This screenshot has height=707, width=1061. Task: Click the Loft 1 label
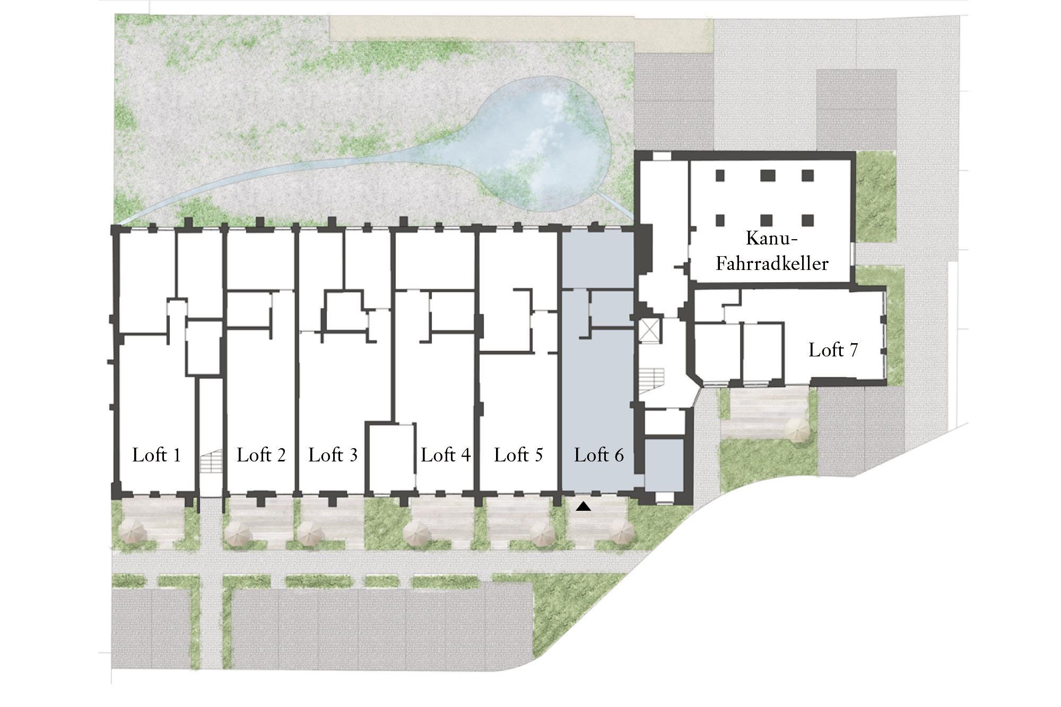coord(156,455)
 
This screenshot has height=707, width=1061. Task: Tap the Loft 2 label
coord(261,455)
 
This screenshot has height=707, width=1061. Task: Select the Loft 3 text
coord(333,455)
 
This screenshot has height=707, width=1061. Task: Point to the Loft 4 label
coord(446,455)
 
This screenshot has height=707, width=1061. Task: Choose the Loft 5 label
coord(518,455)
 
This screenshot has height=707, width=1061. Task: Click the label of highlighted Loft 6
coord(599,455)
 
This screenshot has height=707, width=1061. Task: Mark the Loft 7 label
coord(833,350)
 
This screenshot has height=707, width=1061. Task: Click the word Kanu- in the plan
coord(772,238)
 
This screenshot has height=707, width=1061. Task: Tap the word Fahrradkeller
coord(772,264)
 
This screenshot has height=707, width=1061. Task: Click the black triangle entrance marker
coord(584,507)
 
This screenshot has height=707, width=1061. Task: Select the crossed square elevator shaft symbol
coord(650,331)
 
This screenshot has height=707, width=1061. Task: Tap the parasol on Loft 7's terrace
coord(796,430)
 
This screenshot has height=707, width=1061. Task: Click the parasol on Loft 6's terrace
coord(621,532)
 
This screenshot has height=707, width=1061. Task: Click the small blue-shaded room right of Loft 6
coord(664,465)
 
